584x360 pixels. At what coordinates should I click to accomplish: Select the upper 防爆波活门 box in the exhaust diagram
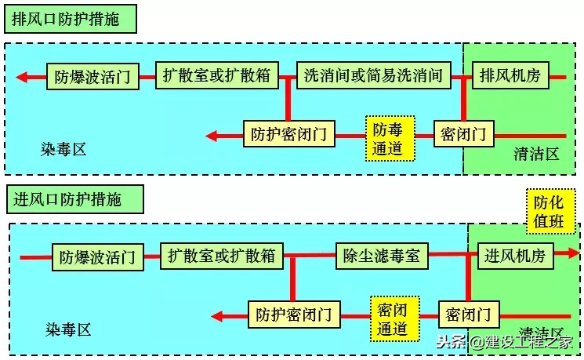click(92, 77)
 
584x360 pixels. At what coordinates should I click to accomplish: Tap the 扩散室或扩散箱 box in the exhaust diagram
click(216, 75)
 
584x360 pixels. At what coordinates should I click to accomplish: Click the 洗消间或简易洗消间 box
click(374, 75)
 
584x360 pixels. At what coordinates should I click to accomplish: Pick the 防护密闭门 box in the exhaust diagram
click(289, 135)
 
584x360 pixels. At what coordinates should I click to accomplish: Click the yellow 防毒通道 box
click(387, 139)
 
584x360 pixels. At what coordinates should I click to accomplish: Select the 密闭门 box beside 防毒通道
click(463, 134)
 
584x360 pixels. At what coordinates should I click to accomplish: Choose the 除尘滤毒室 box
click(382, 255)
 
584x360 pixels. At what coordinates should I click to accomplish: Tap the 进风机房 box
click(515, 255)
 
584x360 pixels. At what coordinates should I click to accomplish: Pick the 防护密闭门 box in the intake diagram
click(294, 315)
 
